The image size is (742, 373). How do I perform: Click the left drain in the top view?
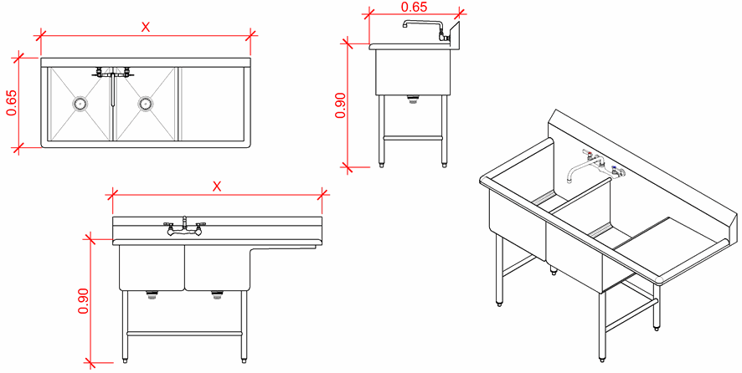coord(80,103)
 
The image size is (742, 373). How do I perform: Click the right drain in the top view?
coord(145,103)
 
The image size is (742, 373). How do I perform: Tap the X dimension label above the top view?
coord(146,28)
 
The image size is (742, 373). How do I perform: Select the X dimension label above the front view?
coord(217,186)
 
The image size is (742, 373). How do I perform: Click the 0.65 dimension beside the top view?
coord(12,103)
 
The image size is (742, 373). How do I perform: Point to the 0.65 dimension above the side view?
coord(414,7)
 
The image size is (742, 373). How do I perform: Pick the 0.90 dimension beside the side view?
coord(341,105)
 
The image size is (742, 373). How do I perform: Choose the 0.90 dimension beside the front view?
coord(84,301)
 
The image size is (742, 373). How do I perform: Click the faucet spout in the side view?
coord(422,23)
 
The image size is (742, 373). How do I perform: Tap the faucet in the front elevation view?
coord(184,227)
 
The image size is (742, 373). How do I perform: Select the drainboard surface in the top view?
coord(212,104)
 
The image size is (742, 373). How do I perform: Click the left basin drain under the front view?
coord(152,295)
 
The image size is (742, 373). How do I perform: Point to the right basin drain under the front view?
coord(217,295)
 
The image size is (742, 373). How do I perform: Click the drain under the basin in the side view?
coord(414,99)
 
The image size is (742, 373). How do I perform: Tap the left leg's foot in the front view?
coord(125,360)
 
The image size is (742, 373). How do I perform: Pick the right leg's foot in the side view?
coord(445,164)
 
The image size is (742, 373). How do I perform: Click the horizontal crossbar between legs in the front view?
coord(184,334)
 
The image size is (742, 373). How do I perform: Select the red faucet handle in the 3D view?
coord(585,152)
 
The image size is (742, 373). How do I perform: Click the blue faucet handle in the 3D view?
coord(615,168)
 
